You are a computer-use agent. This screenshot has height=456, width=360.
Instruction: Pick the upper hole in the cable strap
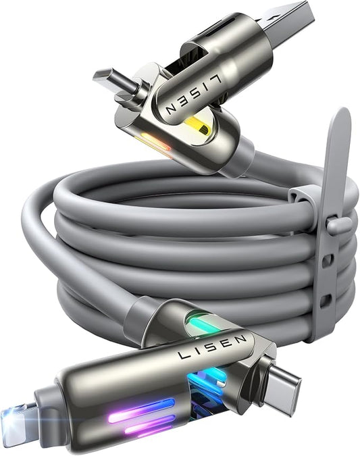(329, 259)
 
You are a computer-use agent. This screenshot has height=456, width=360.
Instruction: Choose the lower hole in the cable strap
(326, 299)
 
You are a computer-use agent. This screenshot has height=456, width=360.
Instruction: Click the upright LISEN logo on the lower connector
(212, 347)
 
